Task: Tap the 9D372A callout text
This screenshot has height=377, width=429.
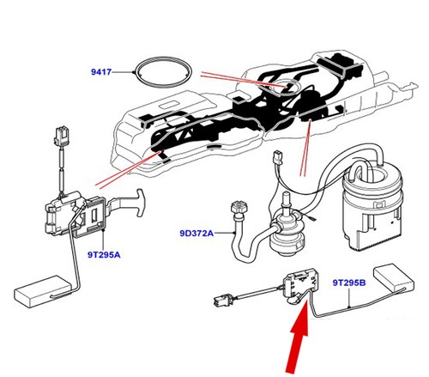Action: [197, 232]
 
